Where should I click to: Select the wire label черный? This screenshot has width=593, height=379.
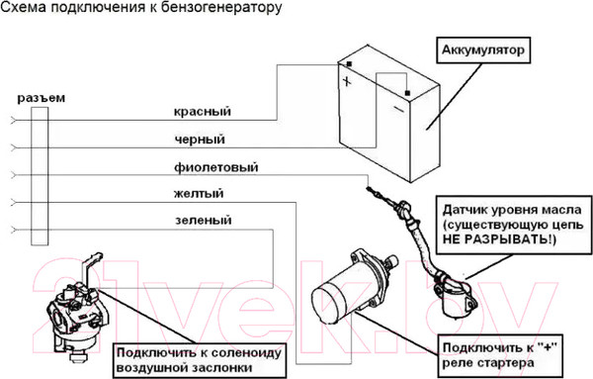[x=199, y=139]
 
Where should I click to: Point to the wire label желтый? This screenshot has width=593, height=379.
[x=198, y=193]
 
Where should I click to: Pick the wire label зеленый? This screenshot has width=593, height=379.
[x=201, y=220]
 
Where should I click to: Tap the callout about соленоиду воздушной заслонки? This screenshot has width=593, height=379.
[x=184, y=358]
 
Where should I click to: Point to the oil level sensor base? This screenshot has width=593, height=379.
[x=454, y=296]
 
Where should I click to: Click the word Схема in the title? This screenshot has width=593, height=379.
[x=25, y=10]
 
